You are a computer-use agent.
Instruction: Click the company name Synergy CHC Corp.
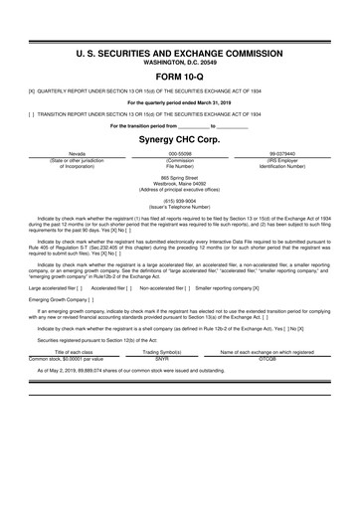(x=180, y=139)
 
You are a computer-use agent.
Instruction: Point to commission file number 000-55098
(x=179, y=154)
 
